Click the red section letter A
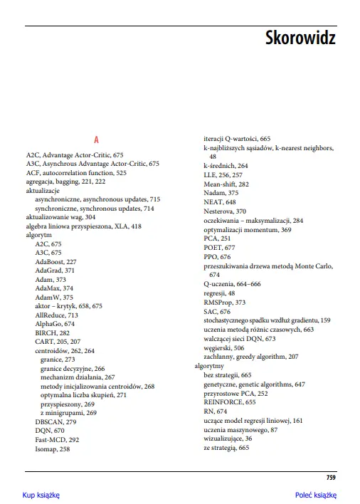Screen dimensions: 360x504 tap(96, 140)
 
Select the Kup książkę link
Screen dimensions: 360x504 tap(41, 494)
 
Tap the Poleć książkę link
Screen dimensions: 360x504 tap(315, 494)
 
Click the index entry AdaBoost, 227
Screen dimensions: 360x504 tap(55, 262)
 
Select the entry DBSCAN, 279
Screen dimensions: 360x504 tap(55, 421)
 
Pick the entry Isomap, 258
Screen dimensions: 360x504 tap(53, 449)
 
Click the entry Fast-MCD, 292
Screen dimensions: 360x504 tap(57, 440)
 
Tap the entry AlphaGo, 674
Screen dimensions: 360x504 tap(55, 323)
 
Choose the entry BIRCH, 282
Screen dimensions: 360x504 tap(52, 332)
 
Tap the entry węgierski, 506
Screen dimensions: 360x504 tap(223, 347)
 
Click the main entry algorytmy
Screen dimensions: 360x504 tap(209, 365)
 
